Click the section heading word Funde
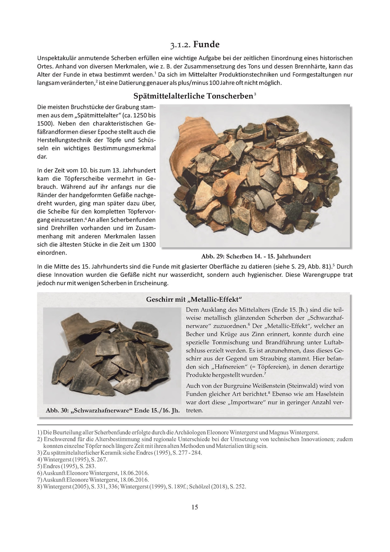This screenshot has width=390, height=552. pos(206,44)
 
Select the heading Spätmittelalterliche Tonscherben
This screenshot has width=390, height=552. pos(193,96)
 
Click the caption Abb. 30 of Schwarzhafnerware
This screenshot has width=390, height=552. pos(113,410)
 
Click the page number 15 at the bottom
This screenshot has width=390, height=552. pos(195,507)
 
